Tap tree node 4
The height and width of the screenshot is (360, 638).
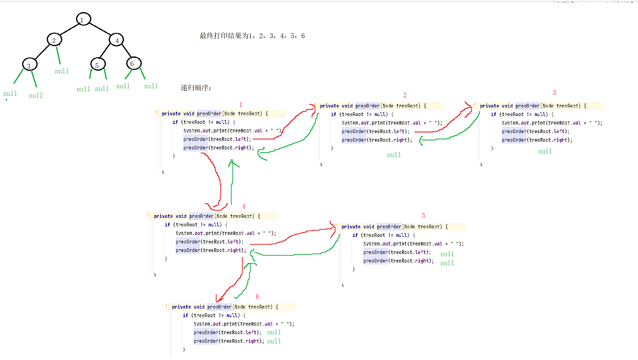[116, 39]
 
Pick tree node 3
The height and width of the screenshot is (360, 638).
[29, 65]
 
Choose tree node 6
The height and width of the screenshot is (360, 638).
[133, 63]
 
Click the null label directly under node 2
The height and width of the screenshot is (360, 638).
[62, 71]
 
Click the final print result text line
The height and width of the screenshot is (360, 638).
[252, 36]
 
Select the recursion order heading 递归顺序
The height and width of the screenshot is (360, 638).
[196, 88]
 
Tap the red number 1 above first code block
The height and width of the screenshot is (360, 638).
[240, 104]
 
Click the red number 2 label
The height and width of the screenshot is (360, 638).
[405, 95]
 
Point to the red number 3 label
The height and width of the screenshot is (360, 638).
[554, 92]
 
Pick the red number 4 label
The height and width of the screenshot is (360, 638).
[244, 206]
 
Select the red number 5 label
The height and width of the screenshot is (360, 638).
[423, 215]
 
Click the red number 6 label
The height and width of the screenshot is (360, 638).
[258, 297]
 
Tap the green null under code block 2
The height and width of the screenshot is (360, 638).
[394, 155]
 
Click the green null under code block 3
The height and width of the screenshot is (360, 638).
[545, 152]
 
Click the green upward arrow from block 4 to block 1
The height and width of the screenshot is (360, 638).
[231, 181]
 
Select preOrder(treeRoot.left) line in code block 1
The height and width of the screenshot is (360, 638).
[217, 139]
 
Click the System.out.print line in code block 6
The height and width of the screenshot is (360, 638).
[244, 324]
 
